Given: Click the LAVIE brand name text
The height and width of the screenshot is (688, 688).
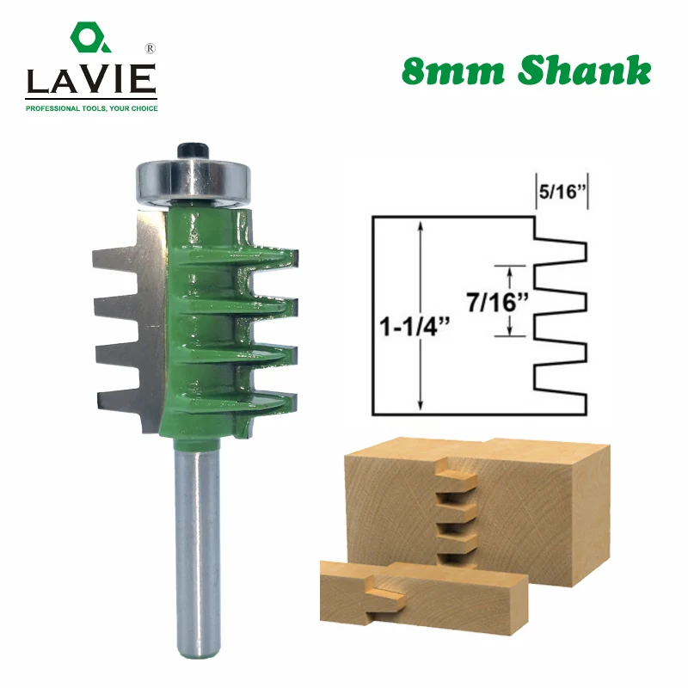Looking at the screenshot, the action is click(91, 80).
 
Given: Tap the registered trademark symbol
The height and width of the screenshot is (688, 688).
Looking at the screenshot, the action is click(150, 49).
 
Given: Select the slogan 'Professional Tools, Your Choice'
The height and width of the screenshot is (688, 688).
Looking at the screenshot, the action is click(92, 108).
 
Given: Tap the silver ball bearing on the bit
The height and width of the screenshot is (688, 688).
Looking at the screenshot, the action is click(193, 181).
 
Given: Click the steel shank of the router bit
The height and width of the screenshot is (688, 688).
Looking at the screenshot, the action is click(197, 552).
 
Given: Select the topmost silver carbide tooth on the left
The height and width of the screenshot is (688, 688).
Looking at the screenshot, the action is click(116, 259).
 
